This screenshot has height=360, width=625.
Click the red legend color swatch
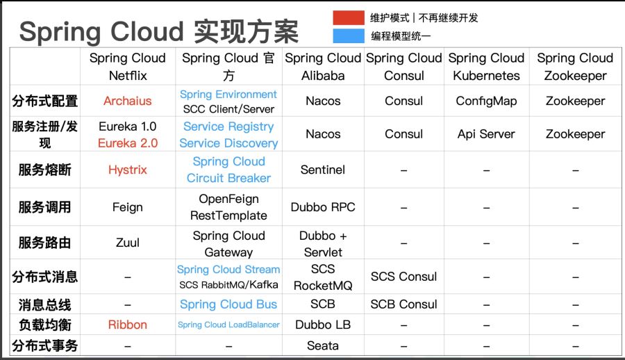(349, 17)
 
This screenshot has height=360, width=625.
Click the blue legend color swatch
(349, 35)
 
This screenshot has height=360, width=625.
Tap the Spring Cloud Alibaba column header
(323, 67)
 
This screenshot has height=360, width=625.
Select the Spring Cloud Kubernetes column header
(486, 67)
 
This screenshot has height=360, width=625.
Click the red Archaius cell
(128, 101)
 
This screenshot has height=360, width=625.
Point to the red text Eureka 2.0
(128, 143)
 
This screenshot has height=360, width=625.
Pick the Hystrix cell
(128, 170)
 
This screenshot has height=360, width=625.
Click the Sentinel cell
(323, 170)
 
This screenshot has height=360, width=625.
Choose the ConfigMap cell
(486, 101)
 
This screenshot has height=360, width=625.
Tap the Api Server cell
(486, 134)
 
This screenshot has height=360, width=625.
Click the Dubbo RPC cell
(323, 207)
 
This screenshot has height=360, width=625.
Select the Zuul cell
(128, 243)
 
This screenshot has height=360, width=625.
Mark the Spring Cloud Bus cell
(228, 304)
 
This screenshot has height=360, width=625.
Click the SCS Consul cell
(403, 276)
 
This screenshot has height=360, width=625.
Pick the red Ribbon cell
(128, 325)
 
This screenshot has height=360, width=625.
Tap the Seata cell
(323, 345)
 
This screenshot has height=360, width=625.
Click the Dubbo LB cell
(323, 325)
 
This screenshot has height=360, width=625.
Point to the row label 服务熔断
(44, 170)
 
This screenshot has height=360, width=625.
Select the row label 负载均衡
(44, 325)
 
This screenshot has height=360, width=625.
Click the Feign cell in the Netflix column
(128, 207)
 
